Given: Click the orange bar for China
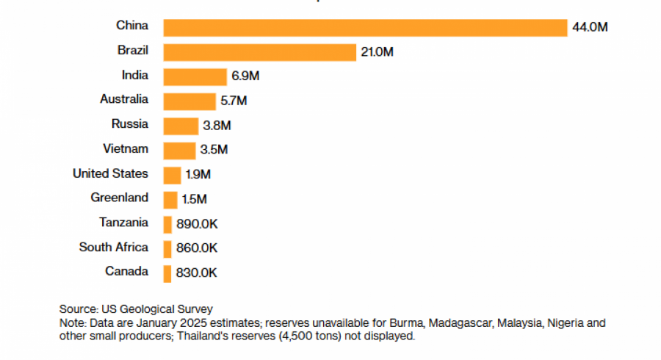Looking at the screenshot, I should coord(365,27).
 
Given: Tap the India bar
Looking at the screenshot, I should coord(195,76).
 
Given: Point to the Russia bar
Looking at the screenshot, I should coord(181,126).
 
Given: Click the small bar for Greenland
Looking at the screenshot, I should coord(170,199).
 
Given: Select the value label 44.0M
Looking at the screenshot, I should coord(590,27).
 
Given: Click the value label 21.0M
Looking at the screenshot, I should coord(377,52).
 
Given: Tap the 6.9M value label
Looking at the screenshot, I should coord(245,76).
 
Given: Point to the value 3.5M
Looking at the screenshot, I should coord(214,150).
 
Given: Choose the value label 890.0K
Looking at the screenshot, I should coord(197,224).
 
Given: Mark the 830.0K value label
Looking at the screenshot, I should coord(197,273).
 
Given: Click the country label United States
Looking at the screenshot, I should coord(110,173).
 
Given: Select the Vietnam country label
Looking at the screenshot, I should coord(126,148).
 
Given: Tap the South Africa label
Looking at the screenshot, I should coord(113,247).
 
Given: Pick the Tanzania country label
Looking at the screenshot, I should coord(123,222).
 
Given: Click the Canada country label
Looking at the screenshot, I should coord(126,271).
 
